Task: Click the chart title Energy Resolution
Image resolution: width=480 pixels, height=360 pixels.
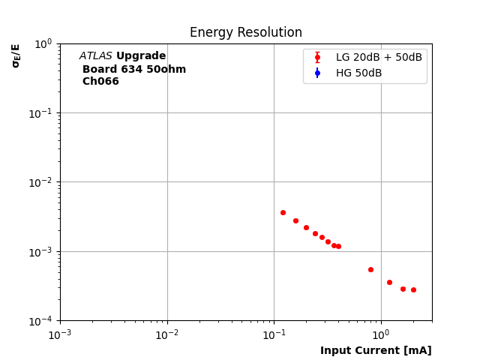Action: (245, 33)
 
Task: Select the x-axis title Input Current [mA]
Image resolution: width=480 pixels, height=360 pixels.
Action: (376, 350)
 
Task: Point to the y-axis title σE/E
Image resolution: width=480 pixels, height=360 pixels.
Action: (16, 55)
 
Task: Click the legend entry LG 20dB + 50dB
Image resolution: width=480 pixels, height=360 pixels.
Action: (379, 57)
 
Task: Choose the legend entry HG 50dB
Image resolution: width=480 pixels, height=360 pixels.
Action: (358, 73)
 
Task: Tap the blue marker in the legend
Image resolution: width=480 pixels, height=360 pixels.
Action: (317, 73)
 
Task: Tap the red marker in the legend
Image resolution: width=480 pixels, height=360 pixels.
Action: (317, 57)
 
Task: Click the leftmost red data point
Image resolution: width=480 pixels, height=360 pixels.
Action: (283, 212)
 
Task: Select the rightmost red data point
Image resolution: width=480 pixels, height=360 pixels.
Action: (413, 289)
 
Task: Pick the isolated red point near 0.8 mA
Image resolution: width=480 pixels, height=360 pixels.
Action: (370, 269)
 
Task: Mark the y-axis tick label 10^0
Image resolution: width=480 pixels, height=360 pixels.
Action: (42, 44)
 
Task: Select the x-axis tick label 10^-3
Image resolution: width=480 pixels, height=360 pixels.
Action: (60, 334)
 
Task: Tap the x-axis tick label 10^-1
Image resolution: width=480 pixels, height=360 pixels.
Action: (274, 334)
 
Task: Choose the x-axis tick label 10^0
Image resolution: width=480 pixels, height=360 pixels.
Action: (381, 334)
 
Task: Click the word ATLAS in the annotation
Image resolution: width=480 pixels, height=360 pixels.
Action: (95, 56)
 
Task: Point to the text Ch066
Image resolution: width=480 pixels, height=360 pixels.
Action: (100, 82)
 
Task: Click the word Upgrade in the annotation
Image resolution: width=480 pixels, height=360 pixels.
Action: (141, 56)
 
